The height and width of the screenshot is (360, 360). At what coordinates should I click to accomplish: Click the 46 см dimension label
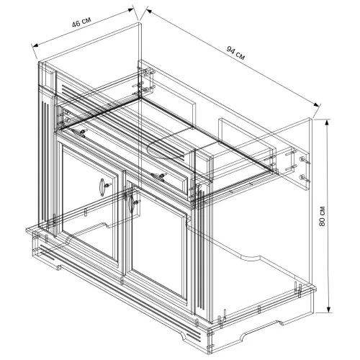(x=81, y=22)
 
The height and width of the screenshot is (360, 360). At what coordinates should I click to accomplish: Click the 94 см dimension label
(x=235, y=53)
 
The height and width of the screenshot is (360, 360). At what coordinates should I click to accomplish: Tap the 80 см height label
(x=323, y=216)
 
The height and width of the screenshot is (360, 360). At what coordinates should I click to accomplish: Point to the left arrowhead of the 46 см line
(x=35, y=45)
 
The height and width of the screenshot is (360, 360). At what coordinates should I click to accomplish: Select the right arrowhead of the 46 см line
(x=130, y=9)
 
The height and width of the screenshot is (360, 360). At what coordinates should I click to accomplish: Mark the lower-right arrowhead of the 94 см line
(x=317, y=104)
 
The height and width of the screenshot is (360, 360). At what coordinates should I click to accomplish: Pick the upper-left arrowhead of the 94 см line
(x=149, y=11)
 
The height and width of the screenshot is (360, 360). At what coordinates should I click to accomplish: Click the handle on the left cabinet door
(x=102, y=187)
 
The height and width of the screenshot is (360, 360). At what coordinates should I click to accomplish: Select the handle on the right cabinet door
(x=131, y=204)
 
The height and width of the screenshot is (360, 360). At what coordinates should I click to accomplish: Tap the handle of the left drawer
(x=78, y=132)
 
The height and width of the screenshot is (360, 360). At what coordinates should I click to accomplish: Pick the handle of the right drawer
(x=158, y=176)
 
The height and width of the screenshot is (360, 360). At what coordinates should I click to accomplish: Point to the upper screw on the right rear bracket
(x=304, y=161)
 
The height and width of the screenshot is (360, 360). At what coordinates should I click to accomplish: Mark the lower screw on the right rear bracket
(x=304, y=179)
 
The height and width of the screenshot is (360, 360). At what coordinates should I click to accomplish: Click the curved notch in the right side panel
(x=250, y=257)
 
